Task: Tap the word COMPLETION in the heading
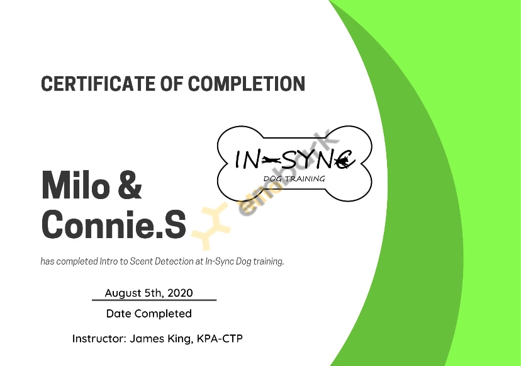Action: point(246,84)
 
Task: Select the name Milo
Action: point(76,185)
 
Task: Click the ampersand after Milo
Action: point(130,185)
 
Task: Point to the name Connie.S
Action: point(114,224)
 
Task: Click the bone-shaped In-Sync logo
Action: point(294,163)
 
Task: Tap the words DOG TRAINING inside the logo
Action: point(294,179)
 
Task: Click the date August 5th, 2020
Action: point(149,293)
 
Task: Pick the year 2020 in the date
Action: point(180,293)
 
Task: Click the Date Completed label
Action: point(149,314)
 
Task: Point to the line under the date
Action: point(154,300)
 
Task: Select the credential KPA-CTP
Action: point(220,339)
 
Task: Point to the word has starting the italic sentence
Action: point(48,261)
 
